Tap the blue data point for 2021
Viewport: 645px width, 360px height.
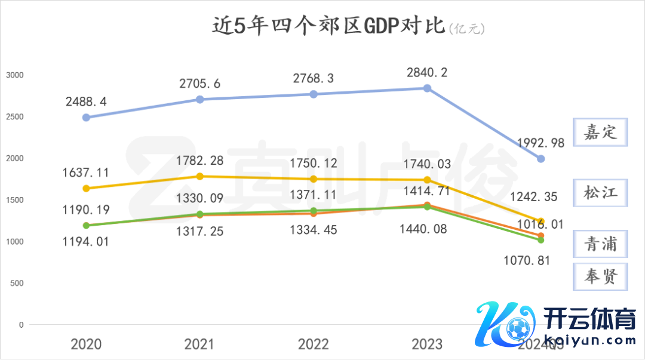click(x=200, y=99)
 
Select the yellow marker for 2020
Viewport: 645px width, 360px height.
click(x=86, y=189)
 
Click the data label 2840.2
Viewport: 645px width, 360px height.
click(x=427, y=73)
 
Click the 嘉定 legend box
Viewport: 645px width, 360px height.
click(x=601, y=133)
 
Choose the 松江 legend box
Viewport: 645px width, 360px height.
click(x=601, y=193)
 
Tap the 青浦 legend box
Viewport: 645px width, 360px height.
click(x=601, y=245)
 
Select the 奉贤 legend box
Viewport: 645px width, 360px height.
click(x=601, y=276)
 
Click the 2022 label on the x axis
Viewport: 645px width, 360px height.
click(x=314, y=344)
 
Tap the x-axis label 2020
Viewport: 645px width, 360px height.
click(x=86, y=344)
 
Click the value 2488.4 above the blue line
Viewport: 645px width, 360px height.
click(x=87, y=102)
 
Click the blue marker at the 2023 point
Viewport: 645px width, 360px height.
click(x=427, y=88)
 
